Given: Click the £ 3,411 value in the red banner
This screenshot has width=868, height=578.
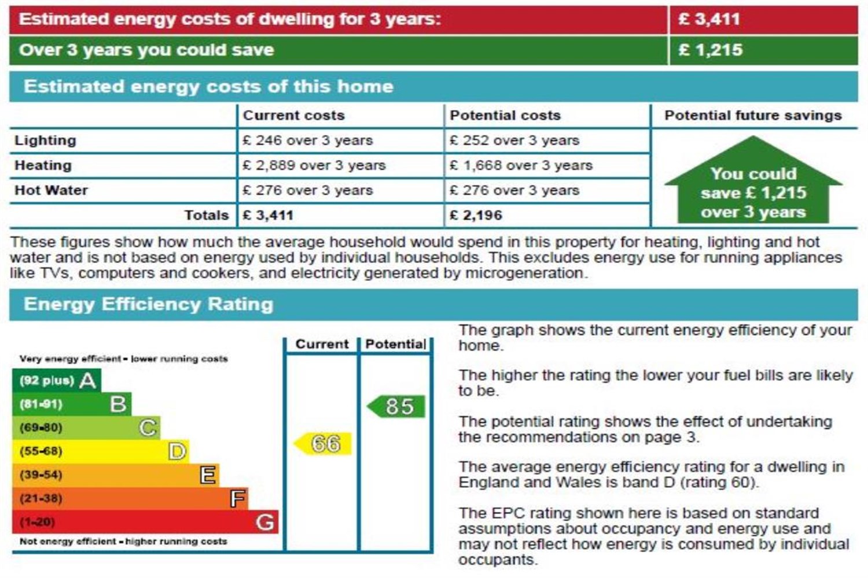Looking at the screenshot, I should click(x=709, y=19).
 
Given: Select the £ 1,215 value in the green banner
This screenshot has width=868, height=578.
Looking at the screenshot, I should click(x=710, y=50).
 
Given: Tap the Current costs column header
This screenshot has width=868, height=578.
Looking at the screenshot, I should click(x=293, y=115).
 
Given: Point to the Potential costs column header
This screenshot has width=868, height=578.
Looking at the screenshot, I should click(x=505, y=115).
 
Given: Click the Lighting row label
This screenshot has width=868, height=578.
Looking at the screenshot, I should click(x=45, y=140).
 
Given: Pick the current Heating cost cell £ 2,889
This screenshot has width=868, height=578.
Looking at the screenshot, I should click(x=314, y=165).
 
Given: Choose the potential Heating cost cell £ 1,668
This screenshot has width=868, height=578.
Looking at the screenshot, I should click(x=521, y=165).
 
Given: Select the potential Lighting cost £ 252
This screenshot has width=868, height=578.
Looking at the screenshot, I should click(x=514, y=140).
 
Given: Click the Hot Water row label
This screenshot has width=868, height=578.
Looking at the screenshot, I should click(x=51, y=190).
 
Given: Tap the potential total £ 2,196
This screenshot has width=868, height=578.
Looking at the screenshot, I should click(x=476, y=216).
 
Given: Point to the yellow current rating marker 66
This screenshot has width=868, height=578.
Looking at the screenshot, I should click(x=324, y=444).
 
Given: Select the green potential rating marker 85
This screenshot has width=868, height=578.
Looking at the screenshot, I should click(x=398, y=406).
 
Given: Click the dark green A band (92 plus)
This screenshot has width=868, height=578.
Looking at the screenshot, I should click(x=56, y=380).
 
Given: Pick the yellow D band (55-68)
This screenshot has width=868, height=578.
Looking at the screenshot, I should click(x=100, y=451).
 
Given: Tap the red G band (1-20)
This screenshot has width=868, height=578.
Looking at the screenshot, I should click(x=145, y=522).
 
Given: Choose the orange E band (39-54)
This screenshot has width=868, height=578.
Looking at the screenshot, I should click(x=115, y=475).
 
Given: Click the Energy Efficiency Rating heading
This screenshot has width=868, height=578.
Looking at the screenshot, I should click(x=148, y=304).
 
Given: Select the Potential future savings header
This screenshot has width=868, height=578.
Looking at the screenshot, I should click(x=753, y=115).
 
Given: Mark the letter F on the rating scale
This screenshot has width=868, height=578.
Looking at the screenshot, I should click(x=238, y=498).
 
